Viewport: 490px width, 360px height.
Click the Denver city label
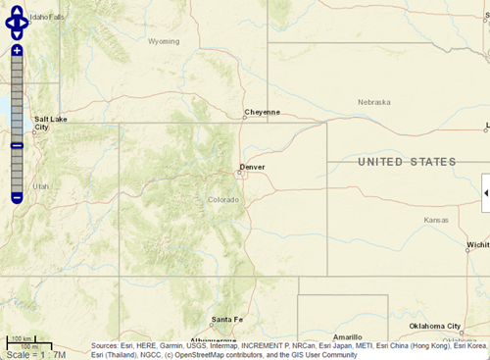[253, 167]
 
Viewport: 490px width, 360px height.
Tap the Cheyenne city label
[262, 112]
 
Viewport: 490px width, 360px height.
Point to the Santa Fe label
[226, 320]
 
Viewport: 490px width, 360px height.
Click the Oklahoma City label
[434, 326]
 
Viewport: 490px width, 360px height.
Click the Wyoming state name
[164, 41]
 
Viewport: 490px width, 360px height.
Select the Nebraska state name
[373, 102]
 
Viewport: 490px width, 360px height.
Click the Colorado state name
[223, 200]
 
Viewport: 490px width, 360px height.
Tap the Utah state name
[40, 186]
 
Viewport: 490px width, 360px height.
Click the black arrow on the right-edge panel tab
[486, 193]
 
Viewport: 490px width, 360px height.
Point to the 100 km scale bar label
[17, 338]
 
